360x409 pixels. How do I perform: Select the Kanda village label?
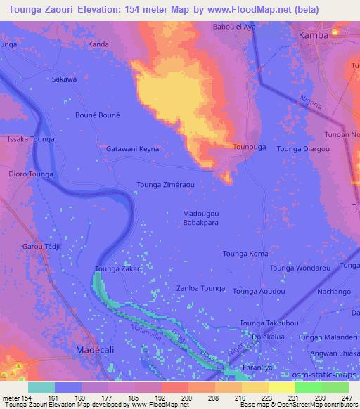pos(98,44)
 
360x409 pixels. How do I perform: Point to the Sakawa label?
pos(64,79)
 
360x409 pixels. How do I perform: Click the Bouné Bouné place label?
pos(98,115)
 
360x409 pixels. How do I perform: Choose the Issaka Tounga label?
pos(30,140)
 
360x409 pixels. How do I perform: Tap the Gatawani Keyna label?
pos(132,149)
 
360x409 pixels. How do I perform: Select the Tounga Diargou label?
pos(303,149)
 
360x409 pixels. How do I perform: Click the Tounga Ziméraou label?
pos(167,185)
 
